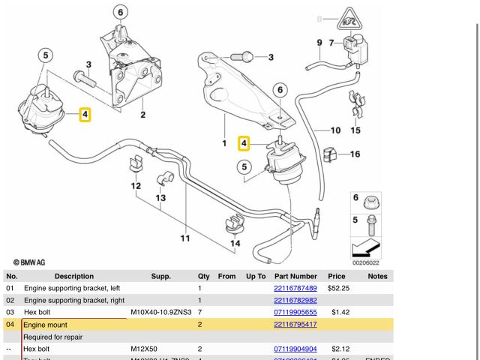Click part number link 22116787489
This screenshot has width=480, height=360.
295,288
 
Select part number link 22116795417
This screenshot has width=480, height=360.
295,325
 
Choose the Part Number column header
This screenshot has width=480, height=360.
295,276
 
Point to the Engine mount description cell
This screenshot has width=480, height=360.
46,325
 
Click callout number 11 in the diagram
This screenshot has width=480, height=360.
184,238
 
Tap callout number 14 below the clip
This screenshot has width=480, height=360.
235,243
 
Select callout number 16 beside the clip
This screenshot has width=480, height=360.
355,154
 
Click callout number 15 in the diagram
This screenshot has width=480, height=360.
355,130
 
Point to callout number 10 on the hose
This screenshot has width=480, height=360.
335,130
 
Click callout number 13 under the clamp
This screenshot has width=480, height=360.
160,198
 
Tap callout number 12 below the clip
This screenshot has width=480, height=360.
136,186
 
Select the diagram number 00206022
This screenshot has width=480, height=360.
366,262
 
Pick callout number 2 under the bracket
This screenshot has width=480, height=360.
142,115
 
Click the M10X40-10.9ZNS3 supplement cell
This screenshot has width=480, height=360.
161,312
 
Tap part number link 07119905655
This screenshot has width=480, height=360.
295,312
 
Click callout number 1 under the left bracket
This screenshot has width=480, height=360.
223,142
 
